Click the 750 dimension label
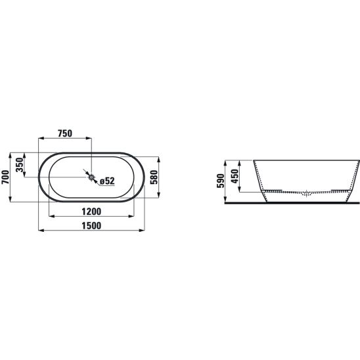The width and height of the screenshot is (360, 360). click(65, 133)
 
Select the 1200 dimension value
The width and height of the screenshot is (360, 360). click(91, 212)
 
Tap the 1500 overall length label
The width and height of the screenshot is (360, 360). click(91, 226)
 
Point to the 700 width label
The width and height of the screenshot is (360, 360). click(5, 177)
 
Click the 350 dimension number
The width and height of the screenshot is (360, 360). click(20, 165)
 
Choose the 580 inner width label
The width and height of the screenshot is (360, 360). click(154, 177)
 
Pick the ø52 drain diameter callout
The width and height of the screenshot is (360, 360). click(107, 181)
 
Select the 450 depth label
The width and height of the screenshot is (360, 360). click(235, 176)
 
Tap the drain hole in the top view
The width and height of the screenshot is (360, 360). click(91, 177)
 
